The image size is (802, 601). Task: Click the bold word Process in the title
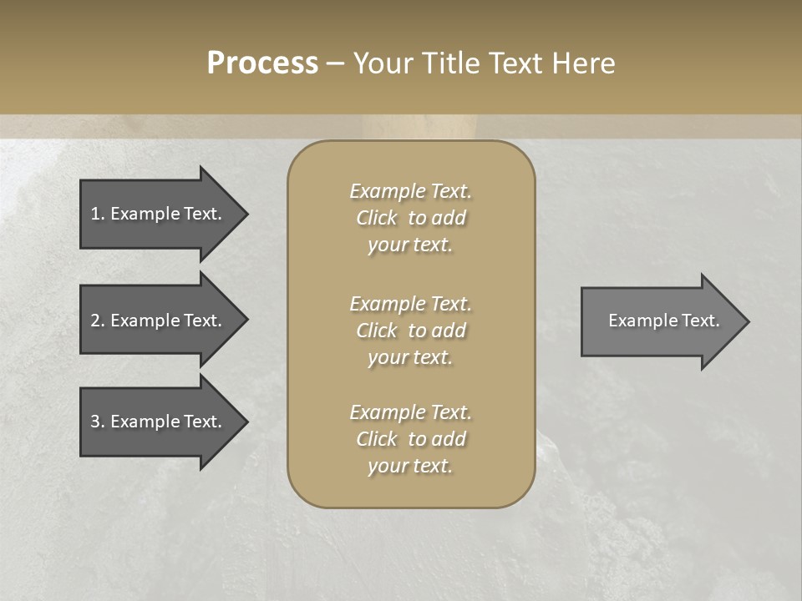pos(262,63)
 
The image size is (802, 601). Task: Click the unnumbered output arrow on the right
pos(660,321)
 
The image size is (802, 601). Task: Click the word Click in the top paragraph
pos(376,218)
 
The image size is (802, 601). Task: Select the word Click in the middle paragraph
pos(376,331)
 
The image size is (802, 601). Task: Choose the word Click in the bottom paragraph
pos(376,439)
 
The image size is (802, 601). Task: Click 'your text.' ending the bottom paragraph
pos(410,466)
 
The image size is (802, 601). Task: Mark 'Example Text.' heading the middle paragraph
pos(410,304)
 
